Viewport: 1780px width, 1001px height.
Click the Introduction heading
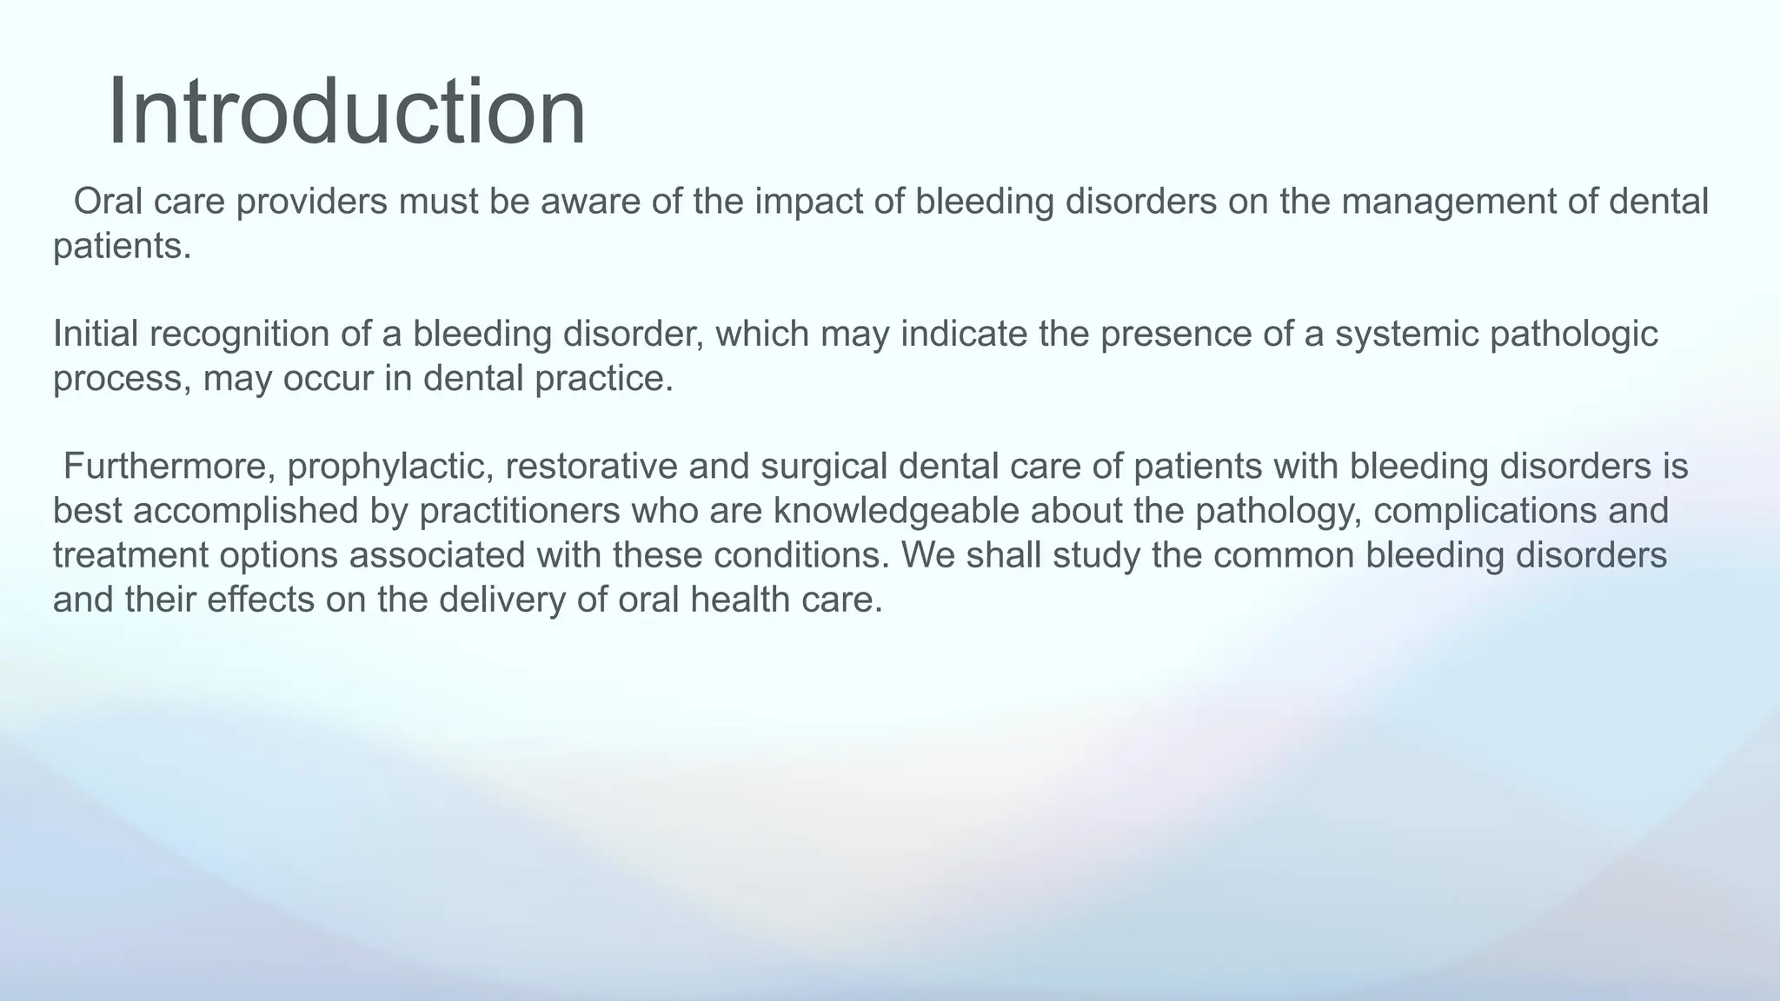[346, 113]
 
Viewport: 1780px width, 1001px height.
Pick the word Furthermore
[169, 467]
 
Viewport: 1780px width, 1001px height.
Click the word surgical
[823, 467]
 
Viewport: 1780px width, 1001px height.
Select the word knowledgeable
[896, 511]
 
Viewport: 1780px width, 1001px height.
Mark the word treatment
[130, 555]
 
